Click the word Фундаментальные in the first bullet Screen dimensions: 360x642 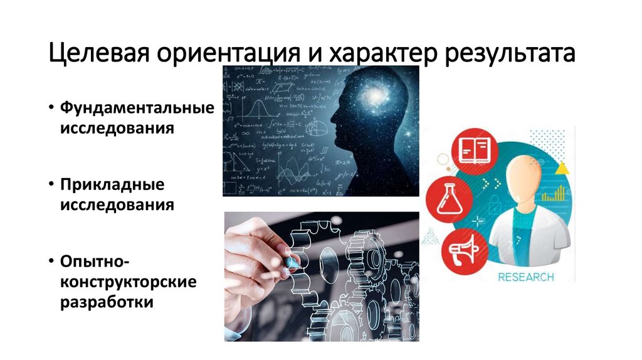(x=137, y=107)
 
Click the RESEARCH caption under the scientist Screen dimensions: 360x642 (x=525, y=276)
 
